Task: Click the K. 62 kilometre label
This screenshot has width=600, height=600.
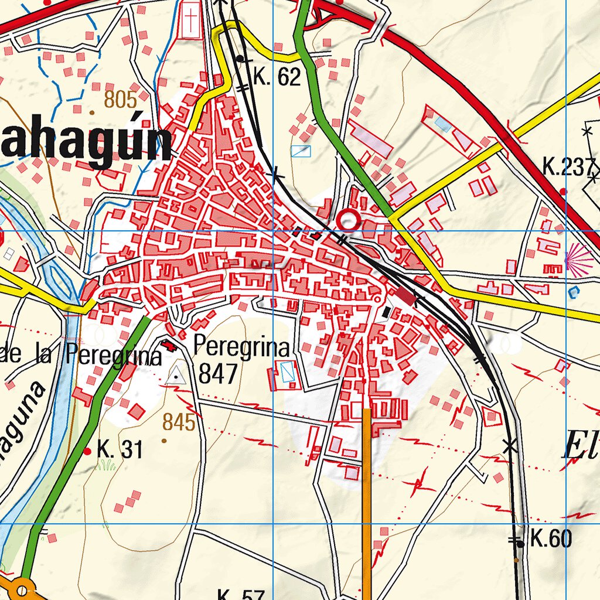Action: tap(277, 77)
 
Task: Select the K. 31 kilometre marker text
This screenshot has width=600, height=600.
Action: tap(120, 451)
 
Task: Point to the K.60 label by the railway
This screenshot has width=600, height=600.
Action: tap(551, 538)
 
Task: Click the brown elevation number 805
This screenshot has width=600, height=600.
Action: tap(120, 100)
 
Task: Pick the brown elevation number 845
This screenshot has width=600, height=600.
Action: tap(179, 422)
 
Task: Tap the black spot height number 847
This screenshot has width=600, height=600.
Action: tap(219, 373)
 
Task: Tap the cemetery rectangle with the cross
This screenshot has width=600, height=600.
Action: tap(190, 21)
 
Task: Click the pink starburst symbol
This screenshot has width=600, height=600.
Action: tap(579, 259)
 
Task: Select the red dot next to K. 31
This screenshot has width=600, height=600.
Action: tap(87, 451)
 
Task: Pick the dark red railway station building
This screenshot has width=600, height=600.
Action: tap(407, 296)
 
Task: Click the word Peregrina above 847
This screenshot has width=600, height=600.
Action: tap(241, 347)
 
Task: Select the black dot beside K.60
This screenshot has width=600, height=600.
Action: tap(520, 544)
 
